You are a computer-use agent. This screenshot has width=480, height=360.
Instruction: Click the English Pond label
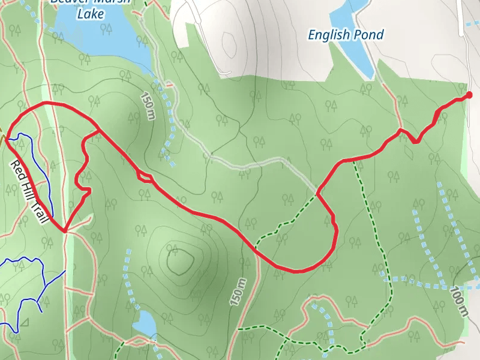[x=345, y=35]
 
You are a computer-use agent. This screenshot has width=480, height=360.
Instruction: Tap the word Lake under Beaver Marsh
[x=91, y=13]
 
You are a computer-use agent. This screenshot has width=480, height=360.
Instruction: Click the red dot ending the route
[x=469, y=95]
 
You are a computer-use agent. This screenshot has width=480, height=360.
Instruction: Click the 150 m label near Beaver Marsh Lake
[x=148, y=106]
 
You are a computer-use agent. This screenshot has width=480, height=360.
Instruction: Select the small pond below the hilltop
[x=144, y=324]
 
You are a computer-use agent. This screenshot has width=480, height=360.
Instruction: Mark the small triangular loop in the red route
[x=145, y=176]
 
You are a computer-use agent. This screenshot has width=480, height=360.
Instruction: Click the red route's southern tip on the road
[x=64, y=230]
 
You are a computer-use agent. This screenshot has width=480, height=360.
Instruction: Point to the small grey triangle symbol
[x=24, y=323]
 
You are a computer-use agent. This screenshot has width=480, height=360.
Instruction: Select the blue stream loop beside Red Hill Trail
[x=33, y=168]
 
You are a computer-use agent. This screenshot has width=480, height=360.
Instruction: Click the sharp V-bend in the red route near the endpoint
[x=416, y=142]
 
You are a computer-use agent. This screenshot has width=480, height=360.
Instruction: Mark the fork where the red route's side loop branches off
[x=98, y=129]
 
